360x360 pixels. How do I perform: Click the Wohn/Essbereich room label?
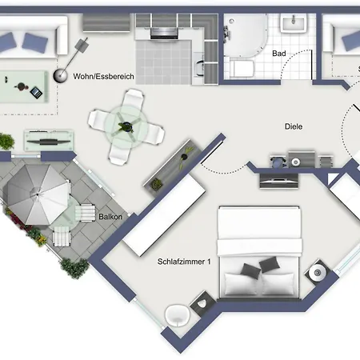(103, 76)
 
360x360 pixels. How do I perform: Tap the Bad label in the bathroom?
(279, 54)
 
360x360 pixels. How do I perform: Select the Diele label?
(295, 126)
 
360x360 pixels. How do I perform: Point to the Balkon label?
(110, 216)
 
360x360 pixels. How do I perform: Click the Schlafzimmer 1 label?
(184, 262)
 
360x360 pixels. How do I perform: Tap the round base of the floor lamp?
(60, 76)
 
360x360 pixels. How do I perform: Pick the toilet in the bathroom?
(242, 69)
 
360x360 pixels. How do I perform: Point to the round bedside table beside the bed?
(318, 273)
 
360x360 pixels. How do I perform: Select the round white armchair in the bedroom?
(176, 317)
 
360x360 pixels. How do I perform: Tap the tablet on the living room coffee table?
(35, 93)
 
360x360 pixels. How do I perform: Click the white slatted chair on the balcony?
(62, 236)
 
